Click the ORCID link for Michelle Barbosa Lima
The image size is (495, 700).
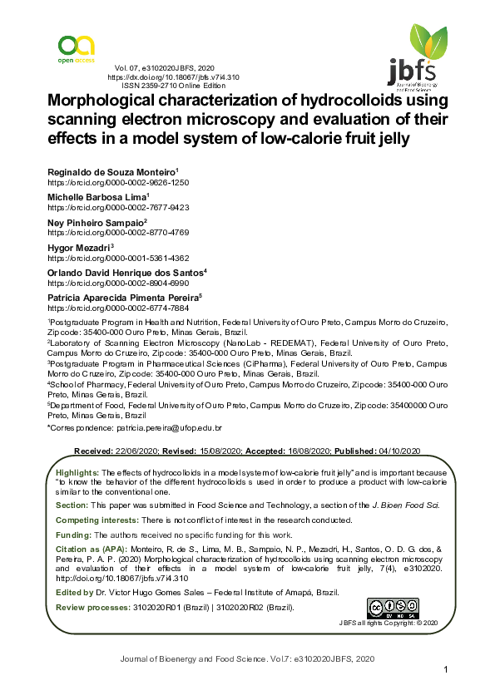(118, 207)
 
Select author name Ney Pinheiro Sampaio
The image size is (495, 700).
(97, 224)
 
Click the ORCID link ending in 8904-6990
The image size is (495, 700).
(118, 283)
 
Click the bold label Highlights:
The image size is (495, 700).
(77, 472)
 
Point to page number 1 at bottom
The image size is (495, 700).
(446, 670)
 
